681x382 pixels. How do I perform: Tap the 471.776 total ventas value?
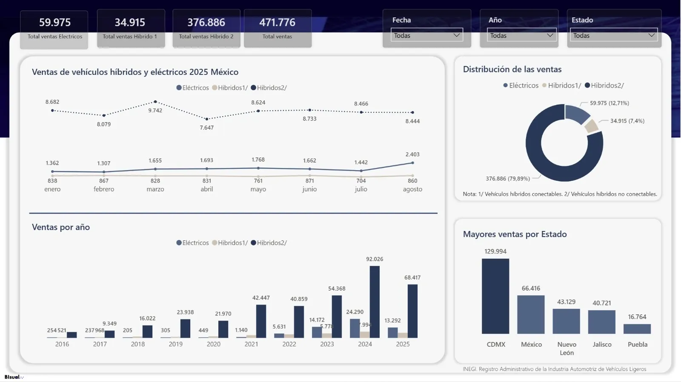pos(277,22)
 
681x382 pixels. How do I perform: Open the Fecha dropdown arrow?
pos(457,35)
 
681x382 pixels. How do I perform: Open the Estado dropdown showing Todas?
pos(613,35)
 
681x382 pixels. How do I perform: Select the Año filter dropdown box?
pos(521,35)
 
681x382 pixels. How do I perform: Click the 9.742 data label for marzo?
pos(155,111)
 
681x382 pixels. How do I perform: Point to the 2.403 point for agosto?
pos(412,163)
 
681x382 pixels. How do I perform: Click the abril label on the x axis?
pos(207,189)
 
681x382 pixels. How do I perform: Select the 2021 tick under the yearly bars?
pos(251,344)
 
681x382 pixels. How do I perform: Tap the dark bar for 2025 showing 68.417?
pos(412,311)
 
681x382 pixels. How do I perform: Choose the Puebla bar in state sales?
pos(637,329)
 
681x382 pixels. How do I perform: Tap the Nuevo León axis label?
pos(567,348)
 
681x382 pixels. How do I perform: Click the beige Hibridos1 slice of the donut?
pos(591,126)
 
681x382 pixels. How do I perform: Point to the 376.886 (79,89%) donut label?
pos(508,179)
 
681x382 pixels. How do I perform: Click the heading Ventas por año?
pos(61,227)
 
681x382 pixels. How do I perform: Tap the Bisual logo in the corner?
pos(13,377)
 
